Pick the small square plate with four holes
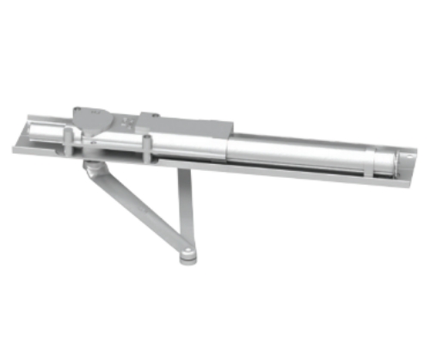coord(128,122)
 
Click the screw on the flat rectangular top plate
coord(147,114)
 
